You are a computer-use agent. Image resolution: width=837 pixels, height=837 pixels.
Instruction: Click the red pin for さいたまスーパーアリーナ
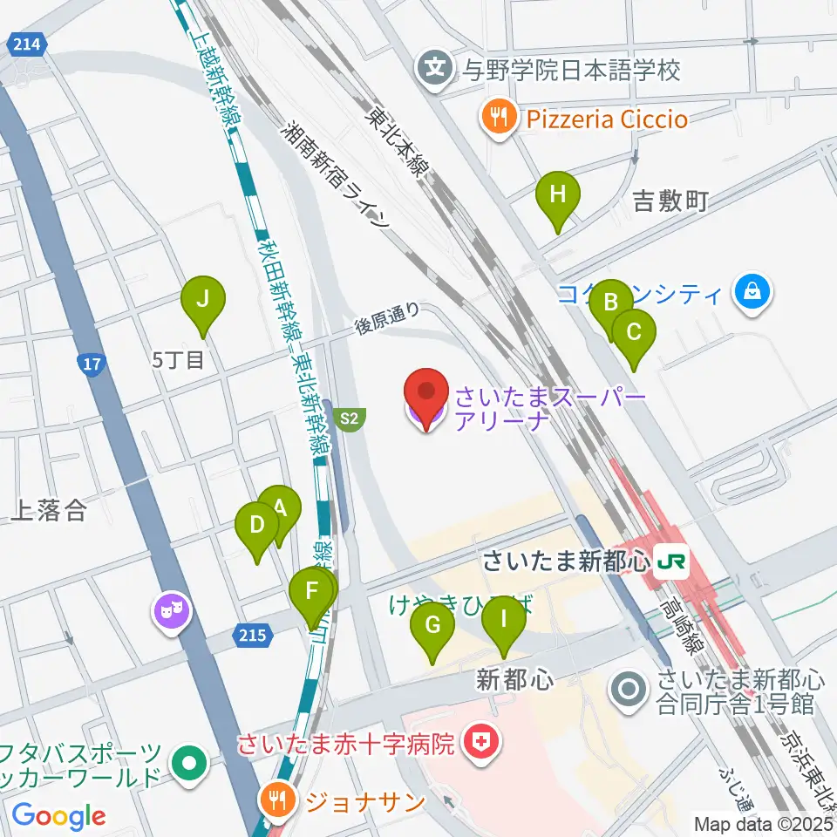tap(425, 396)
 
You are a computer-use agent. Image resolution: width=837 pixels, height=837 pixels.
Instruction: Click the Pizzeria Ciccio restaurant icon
tap(499, 117)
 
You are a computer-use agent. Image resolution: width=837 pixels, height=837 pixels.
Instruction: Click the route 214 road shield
tap(24, 44)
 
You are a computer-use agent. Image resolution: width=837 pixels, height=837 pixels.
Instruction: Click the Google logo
tap(58, 815)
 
